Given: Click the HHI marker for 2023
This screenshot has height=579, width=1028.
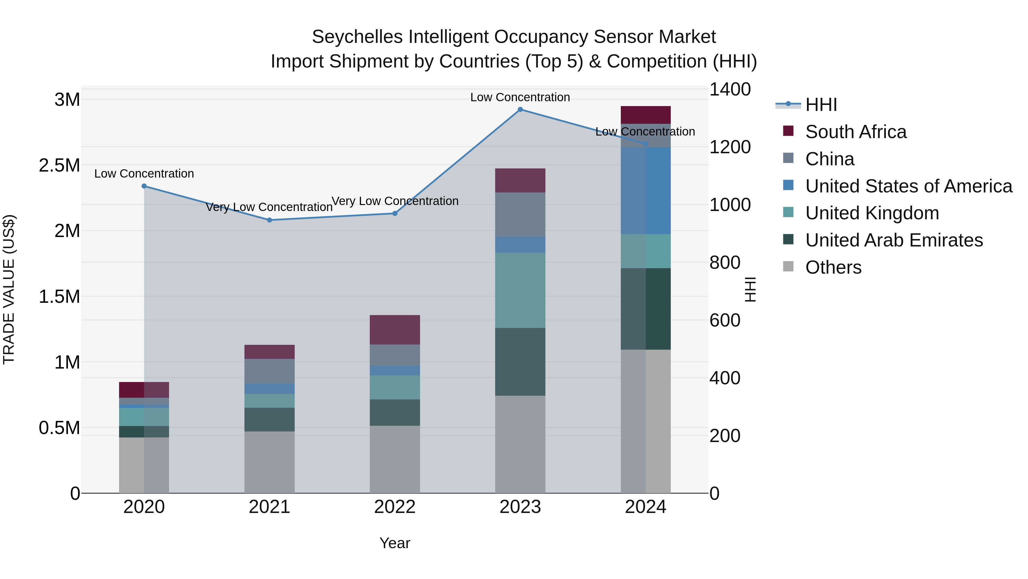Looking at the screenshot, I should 520,110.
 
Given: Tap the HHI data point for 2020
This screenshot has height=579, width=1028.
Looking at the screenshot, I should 144,186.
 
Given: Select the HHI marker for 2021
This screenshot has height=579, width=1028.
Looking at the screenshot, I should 269,220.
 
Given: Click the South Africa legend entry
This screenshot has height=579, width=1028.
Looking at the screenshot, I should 856,132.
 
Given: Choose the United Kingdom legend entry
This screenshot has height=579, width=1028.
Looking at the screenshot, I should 872,213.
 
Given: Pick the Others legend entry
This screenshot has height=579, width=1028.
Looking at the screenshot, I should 833,267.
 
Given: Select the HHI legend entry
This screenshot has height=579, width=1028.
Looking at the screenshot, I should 821,105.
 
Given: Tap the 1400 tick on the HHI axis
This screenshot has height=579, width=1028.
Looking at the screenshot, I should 730,89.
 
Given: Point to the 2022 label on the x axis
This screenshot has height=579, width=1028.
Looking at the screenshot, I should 395,507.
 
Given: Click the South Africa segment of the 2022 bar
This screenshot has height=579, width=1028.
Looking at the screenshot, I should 395,330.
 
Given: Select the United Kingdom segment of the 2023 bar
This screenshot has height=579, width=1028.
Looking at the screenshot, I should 520,290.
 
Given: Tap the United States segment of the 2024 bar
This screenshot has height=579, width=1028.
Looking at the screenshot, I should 645,191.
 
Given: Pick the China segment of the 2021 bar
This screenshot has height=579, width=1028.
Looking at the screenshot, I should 269,371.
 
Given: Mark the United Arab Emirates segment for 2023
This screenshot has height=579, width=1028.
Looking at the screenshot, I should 520,362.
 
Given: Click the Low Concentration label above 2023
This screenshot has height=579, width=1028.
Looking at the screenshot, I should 520,97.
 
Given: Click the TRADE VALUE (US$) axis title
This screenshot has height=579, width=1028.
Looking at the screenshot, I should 9,289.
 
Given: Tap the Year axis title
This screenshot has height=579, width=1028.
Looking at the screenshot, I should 395,543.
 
